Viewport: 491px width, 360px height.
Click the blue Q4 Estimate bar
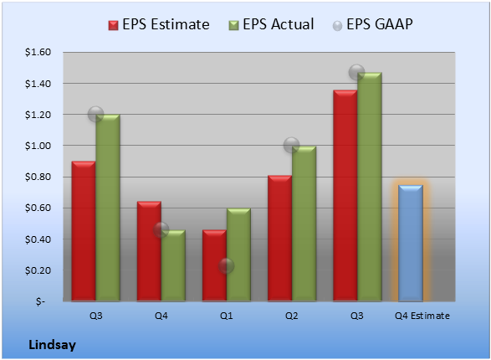(411, 243)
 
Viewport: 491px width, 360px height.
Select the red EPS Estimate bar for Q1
(214, 265)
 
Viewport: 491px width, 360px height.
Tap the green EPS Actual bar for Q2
(304, 224)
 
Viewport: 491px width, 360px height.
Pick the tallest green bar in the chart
(370, 187)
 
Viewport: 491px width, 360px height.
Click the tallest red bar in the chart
(345, 196)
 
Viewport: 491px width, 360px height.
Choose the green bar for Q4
(173, 265)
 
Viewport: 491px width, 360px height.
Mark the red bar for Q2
(279, 239)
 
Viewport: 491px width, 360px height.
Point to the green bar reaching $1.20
(108, 208)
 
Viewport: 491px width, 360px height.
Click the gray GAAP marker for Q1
(226, 266)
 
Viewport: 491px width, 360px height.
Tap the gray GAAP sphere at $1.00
(292, 145)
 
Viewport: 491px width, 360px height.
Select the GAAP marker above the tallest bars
(356, 72)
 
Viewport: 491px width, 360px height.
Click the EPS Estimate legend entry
(159, 24)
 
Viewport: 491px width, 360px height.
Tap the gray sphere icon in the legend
(337, 26)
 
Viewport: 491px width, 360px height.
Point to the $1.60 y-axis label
(38, 52)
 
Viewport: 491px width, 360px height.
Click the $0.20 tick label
(38, 270)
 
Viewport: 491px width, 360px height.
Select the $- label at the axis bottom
(40, 301)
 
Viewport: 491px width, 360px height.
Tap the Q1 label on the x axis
(227, 316)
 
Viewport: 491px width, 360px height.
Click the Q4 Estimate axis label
(422, 316)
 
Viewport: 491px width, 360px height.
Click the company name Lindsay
(53, 345)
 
